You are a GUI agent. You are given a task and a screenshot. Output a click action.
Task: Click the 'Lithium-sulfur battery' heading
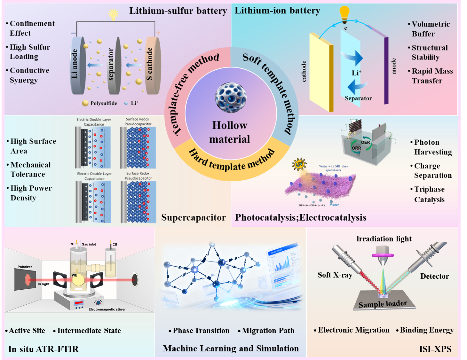pos(178,11)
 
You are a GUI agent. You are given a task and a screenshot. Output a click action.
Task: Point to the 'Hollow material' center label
pos(230,132)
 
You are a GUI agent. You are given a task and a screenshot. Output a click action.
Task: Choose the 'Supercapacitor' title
pos(194,217)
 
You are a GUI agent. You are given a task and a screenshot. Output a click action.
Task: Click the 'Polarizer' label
pos(25,267)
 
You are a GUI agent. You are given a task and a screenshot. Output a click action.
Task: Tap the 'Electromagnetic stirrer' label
pos(107,309)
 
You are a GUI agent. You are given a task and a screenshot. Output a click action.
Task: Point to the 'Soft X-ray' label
pos(335,275)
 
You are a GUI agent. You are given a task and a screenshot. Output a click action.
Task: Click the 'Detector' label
pos(434,276)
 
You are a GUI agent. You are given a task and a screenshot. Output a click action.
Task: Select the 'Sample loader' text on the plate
pos(383,304)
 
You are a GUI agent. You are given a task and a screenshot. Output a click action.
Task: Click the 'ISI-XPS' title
pos(435,349)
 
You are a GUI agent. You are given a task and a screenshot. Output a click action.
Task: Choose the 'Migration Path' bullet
pos(268,331)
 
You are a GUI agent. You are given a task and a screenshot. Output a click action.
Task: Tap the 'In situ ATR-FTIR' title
pos(44,349)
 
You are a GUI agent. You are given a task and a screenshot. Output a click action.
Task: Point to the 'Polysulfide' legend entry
pos(103,103)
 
